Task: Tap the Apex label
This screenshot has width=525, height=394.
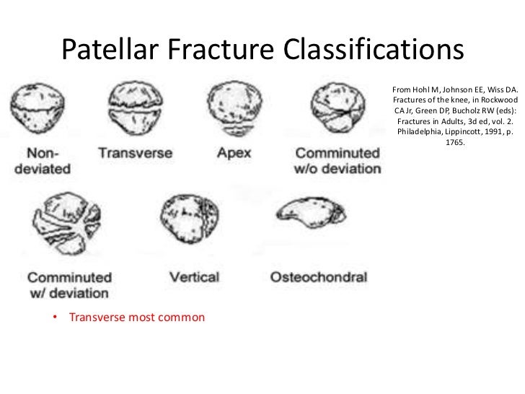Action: point(234,154)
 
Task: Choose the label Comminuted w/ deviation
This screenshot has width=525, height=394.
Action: point(69,285)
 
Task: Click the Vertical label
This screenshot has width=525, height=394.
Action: point(195,277)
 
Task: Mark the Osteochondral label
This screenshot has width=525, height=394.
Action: point(318,277)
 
